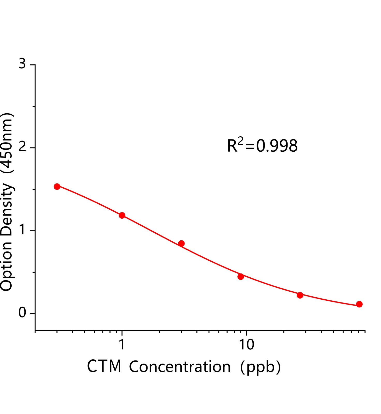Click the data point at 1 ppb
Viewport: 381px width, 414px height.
click(x=122, y=215)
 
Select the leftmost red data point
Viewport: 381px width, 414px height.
click(x=57, y=186)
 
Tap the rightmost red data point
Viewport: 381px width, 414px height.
click(x=359, y=304)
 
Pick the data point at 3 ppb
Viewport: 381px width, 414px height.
click(x=181, y=243)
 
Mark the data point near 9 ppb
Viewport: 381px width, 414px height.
click(x=241, y=276)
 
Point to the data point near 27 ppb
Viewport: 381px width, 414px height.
click(x=300, y=295)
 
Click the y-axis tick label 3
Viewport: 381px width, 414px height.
click(x=23, y=64)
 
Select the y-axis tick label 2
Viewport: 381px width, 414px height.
click(x=23, y=147)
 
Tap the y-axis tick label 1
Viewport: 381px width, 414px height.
click(x=23, y=230)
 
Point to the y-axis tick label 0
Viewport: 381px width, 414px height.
click(x=23, y=313)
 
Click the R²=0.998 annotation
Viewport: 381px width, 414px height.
click(x=262, y=146)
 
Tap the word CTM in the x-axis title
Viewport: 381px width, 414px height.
click(x=104, y=366)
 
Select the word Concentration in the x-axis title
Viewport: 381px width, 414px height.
click(x=180, y=367)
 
